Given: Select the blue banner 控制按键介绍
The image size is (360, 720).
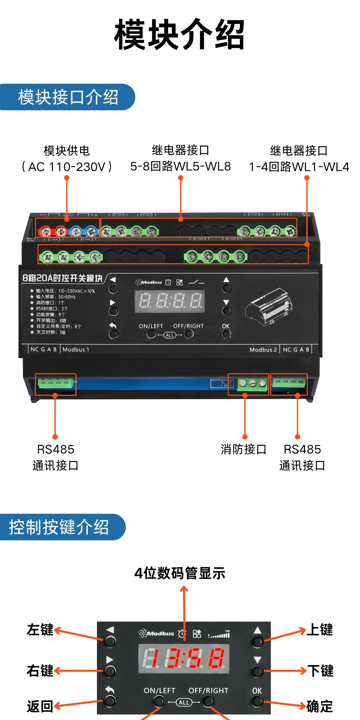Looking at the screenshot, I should (x=59, y=527).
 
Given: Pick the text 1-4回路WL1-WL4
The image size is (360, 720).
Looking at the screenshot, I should (x=299, y=167).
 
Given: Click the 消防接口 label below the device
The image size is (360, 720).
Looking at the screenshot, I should (x=243, y=449).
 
